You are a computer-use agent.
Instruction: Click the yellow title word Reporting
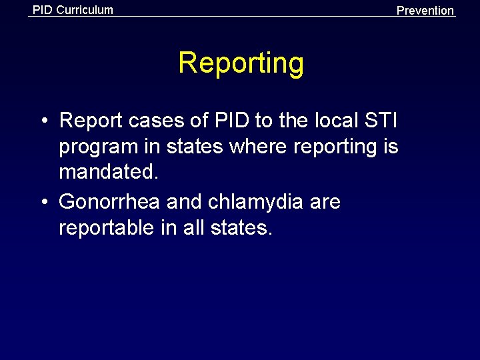[x=241, y=63]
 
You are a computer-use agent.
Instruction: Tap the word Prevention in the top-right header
[x=425, y=10]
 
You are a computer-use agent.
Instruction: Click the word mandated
[x=109, y=173]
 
